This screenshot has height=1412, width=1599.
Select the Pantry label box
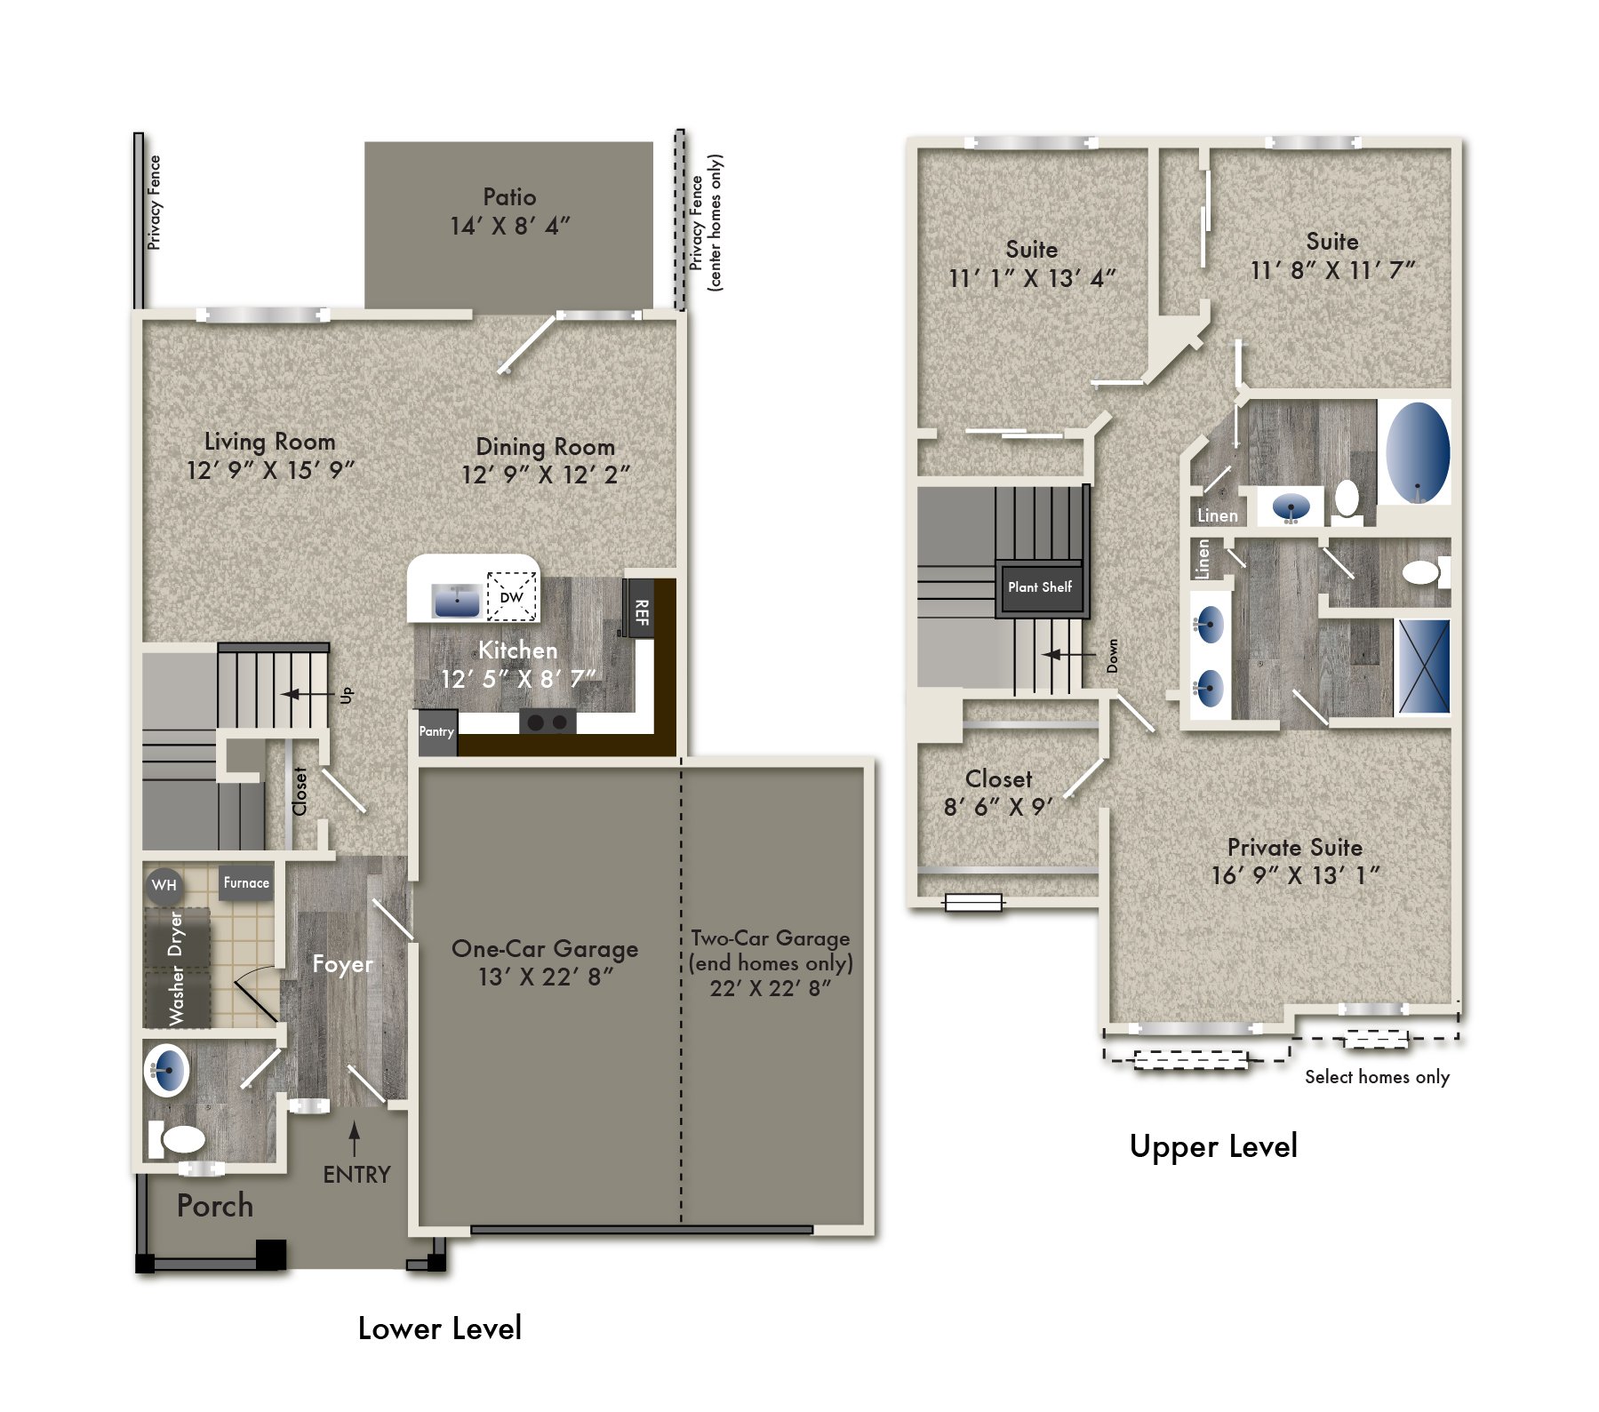[x=436, y=732]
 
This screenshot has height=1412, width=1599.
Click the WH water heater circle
[x=164, y=885]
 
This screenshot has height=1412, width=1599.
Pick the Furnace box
[x=246, y=883]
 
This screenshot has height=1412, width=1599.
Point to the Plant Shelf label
[x=1040, y=587]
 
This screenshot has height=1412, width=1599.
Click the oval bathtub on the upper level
[x=1417, y=452]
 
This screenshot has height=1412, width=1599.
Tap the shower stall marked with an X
[x=1423, y=666]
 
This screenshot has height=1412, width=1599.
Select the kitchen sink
[x=456, y=601]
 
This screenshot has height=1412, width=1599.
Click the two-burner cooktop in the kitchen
[x=547, y=722]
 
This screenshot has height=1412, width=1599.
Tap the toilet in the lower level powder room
[x=178, y=1139]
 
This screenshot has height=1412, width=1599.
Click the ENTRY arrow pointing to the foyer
[x=355, y=1138]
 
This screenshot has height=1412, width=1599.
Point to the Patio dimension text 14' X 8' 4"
[x=510, y=227]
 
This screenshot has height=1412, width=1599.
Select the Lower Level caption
[x=439, y=1328]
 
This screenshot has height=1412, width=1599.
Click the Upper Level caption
[x=1213, y=1146]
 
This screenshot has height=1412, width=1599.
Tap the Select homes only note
[x=1377, y=1077]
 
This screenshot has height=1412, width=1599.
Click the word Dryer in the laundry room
[x=176, y=933]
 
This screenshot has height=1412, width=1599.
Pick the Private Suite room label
[x=1294, y=847]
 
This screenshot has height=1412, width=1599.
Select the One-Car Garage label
[x=545, y=949]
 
